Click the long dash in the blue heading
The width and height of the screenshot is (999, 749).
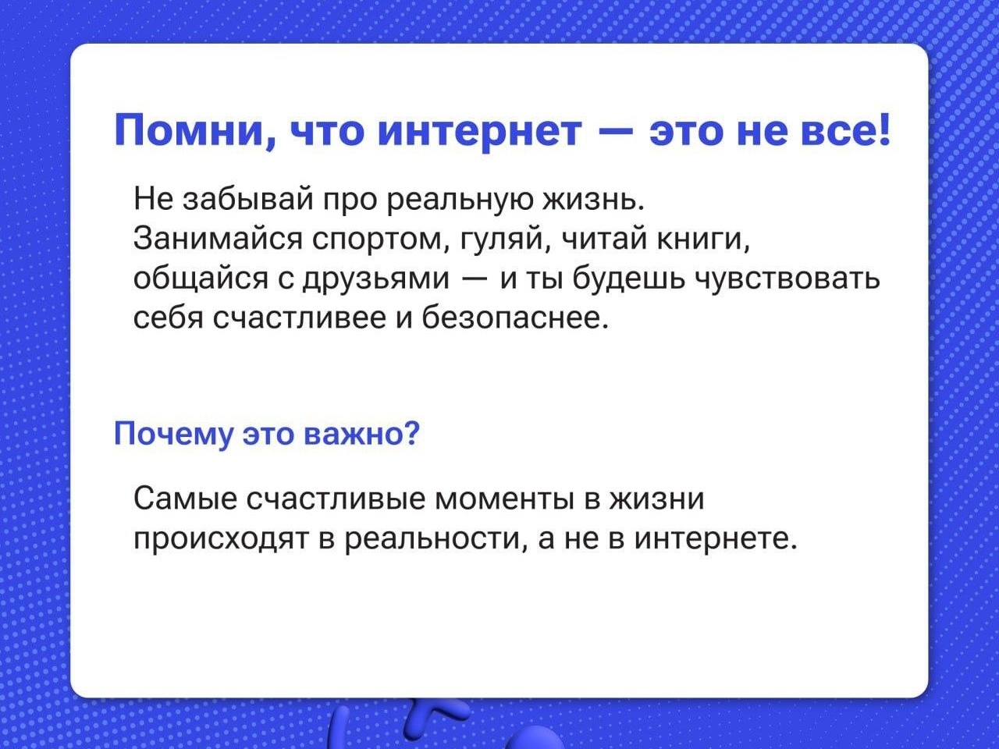[615, 133]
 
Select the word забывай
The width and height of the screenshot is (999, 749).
[247, 199]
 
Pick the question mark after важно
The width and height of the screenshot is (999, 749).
[411, 433]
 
